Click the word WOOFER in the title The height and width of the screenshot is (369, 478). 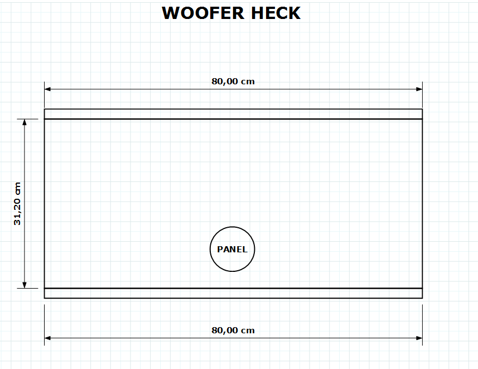pos(203,13)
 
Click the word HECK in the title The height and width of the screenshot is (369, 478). pos(276,13)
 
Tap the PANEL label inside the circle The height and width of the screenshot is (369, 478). pos(232,250)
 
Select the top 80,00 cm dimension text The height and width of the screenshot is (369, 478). pos(233,82)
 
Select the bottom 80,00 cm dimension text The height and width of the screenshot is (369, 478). pos(233,330)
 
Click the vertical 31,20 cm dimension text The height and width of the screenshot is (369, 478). pos(17,204)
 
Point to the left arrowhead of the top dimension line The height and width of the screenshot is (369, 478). pos(48,89)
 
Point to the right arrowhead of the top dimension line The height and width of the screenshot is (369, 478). pos(419,89)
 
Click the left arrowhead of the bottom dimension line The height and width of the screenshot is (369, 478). pos(48,338)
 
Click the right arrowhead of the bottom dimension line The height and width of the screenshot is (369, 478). pos(419,338)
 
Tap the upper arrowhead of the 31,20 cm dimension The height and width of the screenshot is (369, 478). pos(25,122)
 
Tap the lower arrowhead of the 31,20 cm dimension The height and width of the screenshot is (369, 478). pos(25,285)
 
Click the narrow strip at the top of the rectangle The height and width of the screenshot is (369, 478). pos(233,114)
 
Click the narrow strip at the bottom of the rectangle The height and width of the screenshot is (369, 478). pos(233,293)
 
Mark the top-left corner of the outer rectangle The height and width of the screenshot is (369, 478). pos(45,109)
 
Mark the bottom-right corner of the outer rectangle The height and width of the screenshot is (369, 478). pos(422,298)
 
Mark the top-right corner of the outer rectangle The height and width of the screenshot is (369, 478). pos(422,109)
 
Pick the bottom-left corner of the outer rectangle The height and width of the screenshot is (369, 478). pos(45,298)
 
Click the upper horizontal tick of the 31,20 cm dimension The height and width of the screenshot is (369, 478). pos(27,119)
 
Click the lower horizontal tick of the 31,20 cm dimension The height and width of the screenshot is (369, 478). pos(27,288)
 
